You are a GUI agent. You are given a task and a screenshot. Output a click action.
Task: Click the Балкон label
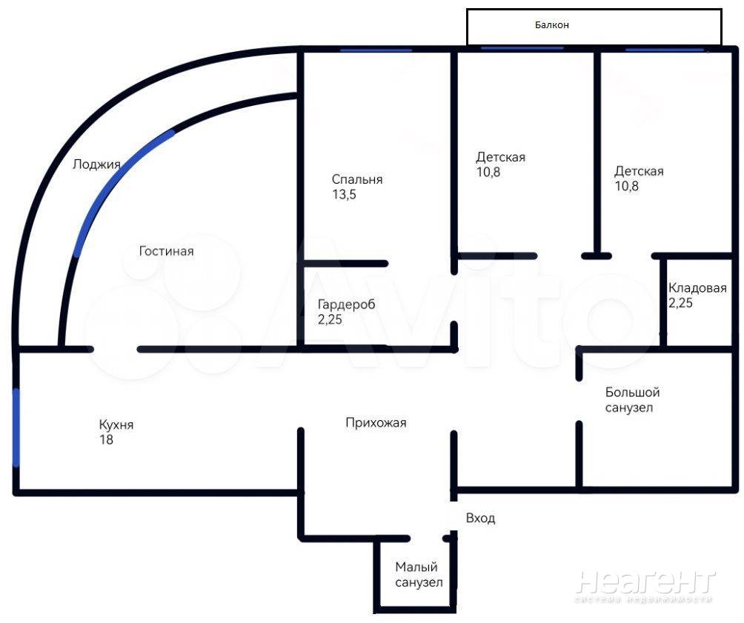(551, 24)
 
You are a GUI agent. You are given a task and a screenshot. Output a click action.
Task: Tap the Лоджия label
(96, 164)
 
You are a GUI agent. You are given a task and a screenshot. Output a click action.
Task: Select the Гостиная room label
(166, 250)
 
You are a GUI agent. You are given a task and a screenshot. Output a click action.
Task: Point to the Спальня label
(357, 179)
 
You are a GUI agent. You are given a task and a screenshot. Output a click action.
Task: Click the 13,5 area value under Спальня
(344, 194)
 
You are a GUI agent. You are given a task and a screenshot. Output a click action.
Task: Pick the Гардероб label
(346, 304)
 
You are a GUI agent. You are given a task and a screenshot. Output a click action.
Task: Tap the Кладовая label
(697, 287)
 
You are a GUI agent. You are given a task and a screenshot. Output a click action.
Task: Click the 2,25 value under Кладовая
(680, 303)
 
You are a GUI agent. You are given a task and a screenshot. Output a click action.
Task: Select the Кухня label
(116, 424)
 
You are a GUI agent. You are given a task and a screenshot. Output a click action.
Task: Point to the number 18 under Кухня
(106, 439)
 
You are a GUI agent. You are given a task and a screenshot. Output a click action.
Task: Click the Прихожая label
(376, 422)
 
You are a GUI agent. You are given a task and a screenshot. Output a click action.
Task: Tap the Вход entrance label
(480, 518)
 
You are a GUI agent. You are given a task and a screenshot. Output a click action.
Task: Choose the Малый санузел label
(419, 574)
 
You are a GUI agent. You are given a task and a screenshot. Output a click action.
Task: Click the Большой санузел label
(633, 399)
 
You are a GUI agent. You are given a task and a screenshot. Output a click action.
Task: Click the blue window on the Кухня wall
(16, 427)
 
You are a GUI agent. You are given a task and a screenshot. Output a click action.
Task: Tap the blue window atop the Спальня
(376, 50)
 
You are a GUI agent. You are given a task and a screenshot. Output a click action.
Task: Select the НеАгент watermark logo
(645, 586)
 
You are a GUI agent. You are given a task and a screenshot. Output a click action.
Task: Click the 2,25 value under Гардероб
(330, 319)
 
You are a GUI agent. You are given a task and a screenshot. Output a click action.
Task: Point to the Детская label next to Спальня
(501, 157)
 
